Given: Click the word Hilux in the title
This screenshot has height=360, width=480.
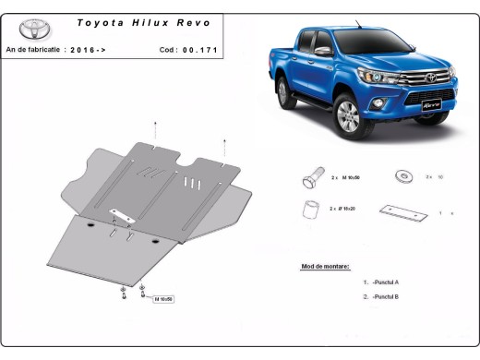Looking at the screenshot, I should (145, 19).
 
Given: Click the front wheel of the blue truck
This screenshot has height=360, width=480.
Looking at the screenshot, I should (349, 114).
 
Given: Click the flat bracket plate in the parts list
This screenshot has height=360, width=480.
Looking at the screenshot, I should (403, 210).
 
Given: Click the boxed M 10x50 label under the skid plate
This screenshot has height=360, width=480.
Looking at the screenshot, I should (163, 299).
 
